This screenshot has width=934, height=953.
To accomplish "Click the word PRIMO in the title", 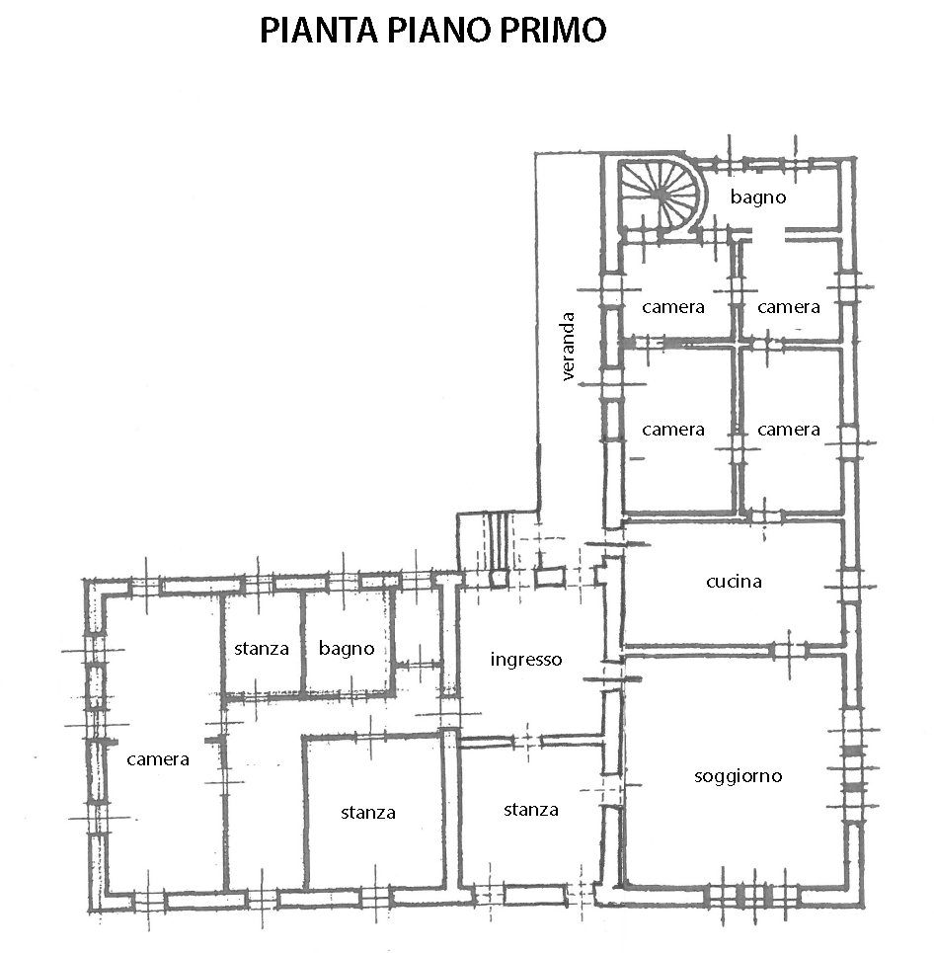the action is [553, 31].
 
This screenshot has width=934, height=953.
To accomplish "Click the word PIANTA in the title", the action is [319, 31].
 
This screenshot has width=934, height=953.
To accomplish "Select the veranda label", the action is [568, 347].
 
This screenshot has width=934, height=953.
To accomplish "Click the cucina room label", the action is [734, 582].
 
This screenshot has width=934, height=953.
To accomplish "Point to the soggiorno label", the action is [738, 776].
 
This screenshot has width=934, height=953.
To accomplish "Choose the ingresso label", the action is [526, 660].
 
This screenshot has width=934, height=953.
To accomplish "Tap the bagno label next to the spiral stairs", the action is [758, 197].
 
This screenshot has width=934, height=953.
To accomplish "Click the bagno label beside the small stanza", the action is [347, 649].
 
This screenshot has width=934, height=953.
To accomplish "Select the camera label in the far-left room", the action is [158, 759].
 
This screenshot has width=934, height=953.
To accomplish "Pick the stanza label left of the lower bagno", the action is [262, 649].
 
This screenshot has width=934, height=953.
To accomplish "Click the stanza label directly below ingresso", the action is [531, 810].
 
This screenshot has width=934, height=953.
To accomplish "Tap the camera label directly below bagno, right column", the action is [789, 307].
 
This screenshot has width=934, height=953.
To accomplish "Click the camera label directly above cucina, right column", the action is [789, 430].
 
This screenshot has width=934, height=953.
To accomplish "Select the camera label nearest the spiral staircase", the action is [673, 307].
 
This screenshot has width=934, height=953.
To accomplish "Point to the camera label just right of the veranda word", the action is [673, 430].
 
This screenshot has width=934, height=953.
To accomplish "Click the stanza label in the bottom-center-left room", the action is [368, 813].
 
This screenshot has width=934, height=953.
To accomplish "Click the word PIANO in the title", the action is [438, 31].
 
